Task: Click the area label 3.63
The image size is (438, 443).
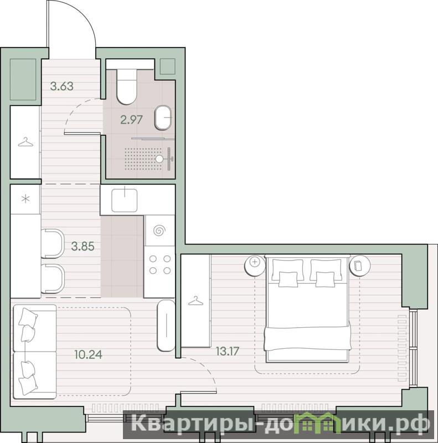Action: click(x=62, y=86)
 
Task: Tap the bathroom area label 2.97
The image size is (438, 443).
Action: click(x=131, y=120)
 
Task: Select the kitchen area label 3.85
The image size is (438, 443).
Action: click(x=83, y=246)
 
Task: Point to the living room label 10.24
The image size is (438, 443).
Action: click(x=89, y=354)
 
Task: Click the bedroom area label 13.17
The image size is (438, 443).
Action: click(x=228, y=351)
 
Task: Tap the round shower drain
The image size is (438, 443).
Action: click(x=159, y=159)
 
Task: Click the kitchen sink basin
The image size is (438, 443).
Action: click(x=125, y=200)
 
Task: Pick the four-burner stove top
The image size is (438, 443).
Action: click(x=159, y=264)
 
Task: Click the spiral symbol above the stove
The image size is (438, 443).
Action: click(x=159, y=231)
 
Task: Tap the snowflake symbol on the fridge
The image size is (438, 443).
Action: click(x=25, y=199)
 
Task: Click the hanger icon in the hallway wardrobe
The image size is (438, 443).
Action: click(x=25, y=142)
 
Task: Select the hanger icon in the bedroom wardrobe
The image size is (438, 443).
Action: click(x=195, y=301)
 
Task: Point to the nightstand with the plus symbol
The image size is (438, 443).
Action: click(x=255, y=266)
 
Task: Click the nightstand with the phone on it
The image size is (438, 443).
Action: click(x=360, y=266)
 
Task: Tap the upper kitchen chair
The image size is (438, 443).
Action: click(x=53, y=243)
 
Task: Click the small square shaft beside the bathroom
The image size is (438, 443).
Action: click(x=168, y=67)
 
